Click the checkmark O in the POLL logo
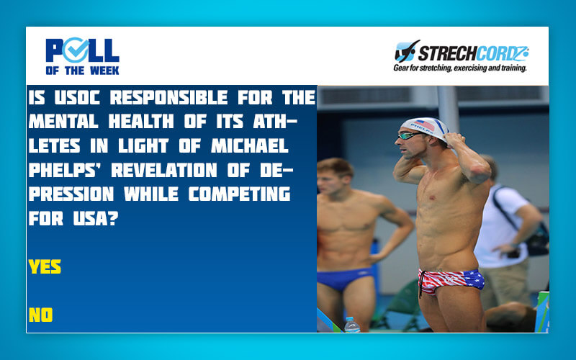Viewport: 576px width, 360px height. click(x=76, y=50)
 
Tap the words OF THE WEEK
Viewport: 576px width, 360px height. click(x=82, y=70)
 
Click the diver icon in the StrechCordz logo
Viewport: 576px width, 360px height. click(x=407, y=50)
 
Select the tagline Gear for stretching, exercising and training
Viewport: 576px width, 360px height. click(x=460, y=68)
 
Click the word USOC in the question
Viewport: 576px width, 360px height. click(x=77, y=97)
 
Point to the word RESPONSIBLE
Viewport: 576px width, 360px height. click(x=168, y=97)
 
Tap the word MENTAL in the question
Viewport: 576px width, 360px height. click(x=63, y=121)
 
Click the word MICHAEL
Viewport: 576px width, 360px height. click(x=250, y=145)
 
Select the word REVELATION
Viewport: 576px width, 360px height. click(x=164, y=170)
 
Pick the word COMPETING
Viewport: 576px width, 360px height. click(x=240, y=194)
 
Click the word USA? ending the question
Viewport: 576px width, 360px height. click(x=96, y=218)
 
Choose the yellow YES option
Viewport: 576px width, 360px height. click(x=45, y=266)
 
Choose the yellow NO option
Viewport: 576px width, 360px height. click(x=40, y=315)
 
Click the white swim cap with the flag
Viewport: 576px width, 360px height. click(x=426, y=127)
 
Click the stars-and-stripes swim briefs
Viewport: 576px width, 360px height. click(x=451, y=280)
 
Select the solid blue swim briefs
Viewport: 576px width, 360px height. click(x=344, y=277)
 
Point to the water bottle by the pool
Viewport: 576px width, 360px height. click(x=352, y=325)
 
